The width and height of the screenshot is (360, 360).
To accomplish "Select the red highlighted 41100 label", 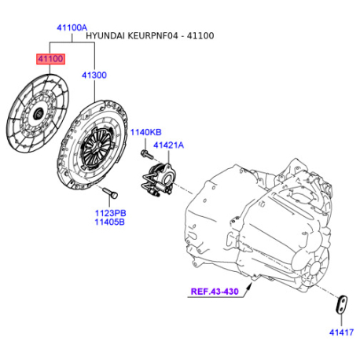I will click(48, 58).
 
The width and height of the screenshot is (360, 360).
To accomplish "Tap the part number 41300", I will click(95, 75).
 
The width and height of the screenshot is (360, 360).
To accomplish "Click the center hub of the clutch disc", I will click(36, 114).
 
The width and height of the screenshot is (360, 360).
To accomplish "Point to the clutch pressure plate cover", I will click(98, 145).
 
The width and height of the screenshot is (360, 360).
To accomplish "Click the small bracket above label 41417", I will click(340, 306).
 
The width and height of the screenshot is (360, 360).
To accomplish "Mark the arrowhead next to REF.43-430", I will click(249, 290).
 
